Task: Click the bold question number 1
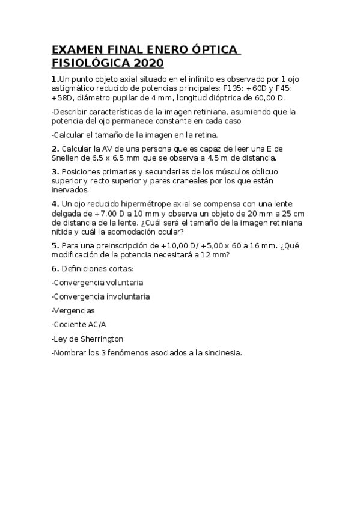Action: tap(55, 79)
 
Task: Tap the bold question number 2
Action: tap(55, 149)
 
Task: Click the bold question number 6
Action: tap(55, 268)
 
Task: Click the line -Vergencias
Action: tap(73, 310)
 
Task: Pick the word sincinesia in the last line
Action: tap(220, 353)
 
